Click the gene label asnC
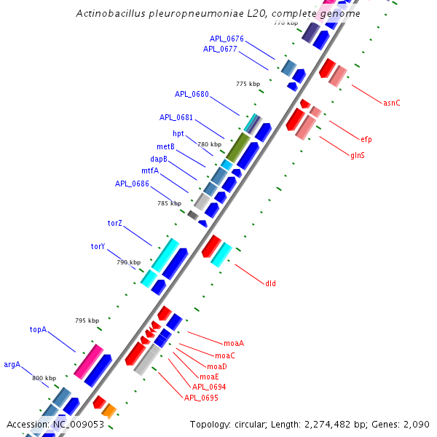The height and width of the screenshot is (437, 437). (x=391, y=103)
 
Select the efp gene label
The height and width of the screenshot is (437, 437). (x=366, y=138)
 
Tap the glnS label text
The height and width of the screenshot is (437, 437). (x=358, y=155)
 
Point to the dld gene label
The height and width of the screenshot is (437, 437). (x=271, y=283)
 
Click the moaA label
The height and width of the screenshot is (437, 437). (x=234, y=342)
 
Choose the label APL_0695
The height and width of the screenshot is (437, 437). (x=201, y=398)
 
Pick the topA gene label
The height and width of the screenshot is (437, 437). (x=38, y=329)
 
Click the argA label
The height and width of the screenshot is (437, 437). (x=12, y=364)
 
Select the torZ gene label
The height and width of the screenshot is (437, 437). (x=115, y=222)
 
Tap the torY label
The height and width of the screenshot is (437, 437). (x=98, y=246)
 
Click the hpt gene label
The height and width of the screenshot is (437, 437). (x=178, y=133)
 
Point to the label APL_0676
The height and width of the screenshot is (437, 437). (x=227, y=39)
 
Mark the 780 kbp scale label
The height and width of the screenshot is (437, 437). (x=209, y=144)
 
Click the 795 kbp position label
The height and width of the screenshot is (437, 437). (x=86, y=320)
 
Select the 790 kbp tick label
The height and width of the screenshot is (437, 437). (x=127, y=261)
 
